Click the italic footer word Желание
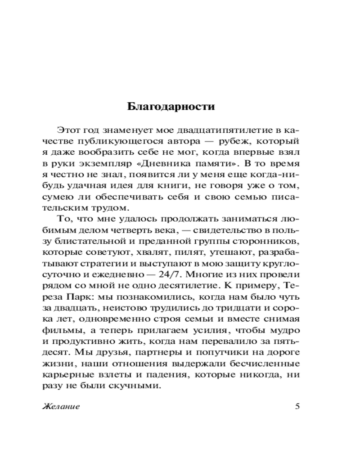pyautogui.click(x=61, y=406)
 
